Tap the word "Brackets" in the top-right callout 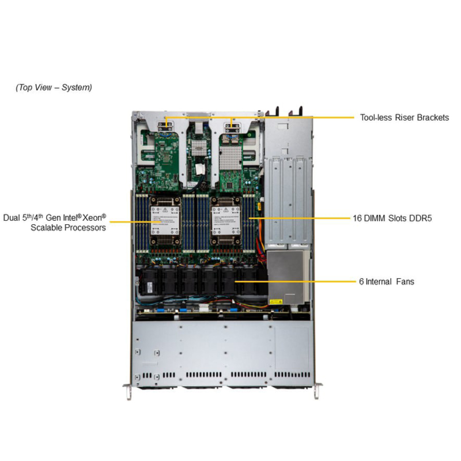tap(433, 118)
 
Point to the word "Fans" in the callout tap(405, 282)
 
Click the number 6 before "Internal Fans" tap(361, 282)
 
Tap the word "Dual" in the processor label tap(12, 218)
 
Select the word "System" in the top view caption tap(77, 88)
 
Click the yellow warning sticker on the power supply tap(276, 301)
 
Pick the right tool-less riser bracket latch tap(234, 123)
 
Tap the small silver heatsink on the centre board tap(199, 146)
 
